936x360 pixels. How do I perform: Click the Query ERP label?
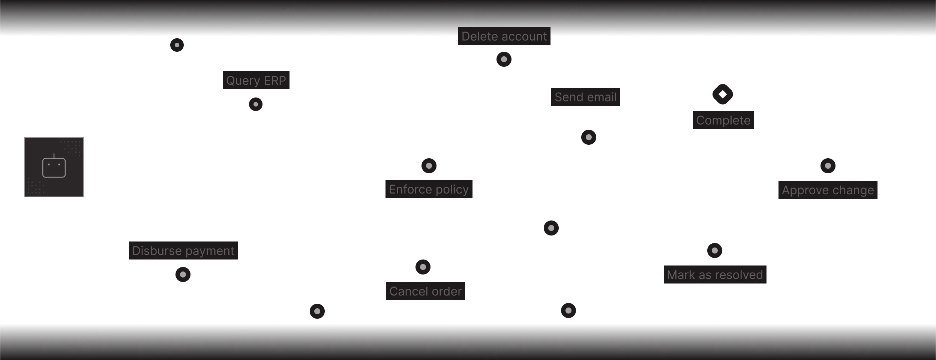pos(256,80)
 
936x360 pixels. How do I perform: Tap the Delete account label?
pos(504,36)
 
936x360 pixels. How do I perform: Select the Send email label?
pos(585,97)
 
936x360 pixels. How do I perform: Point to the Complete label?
pos(723,120)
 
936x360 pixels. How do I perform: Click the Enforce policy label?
pos(429,189)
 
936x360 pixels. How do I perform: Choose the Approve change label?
pos(828,190)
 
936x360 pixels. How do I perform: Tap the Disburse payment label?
pos(183,250)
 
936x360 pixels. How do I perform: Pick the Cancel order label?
pos(425,291)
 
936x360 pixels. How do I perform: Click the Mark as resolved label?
pos(715,275)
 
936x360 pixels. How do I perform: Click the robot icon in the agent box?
pos(54,166)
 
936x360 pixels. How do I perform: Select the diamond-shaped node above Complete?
pos(723,94)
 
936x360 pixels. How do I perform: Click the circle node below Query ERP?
pos(256,104)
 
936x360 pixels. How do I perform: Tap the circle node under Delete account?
pos(504,59)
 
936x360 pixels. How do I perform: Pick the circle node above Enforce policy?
pos(429,165)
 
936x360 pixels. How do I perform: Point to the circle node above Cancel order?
pos(423,267)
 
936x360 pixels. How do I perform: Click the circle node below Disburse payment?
pos(183,274)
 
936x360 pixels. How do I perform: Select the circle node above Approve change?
pos(828,165)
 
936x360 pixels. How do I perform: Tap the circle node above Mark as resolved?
pos(714,250)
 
